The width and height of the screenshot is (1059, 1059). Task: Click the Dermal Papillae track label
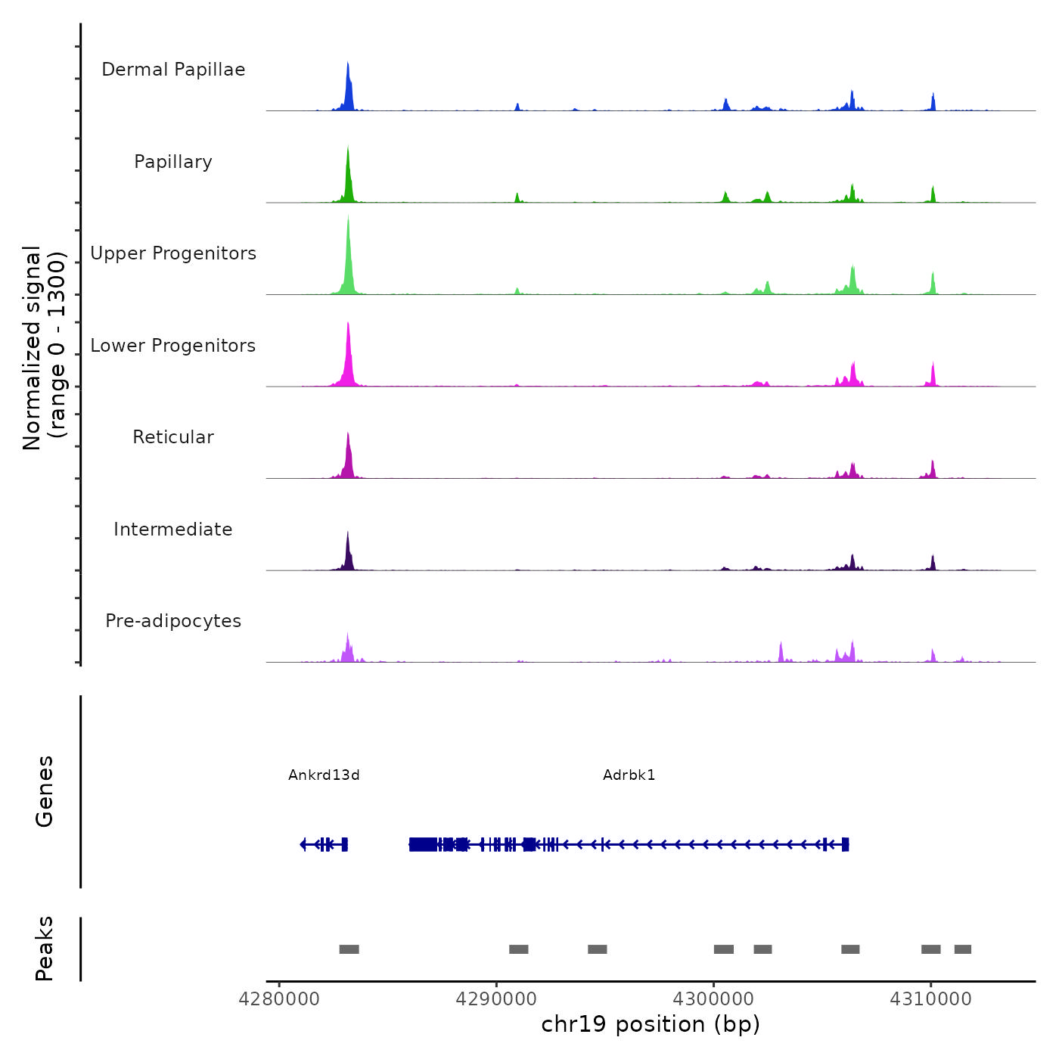pos(173,70)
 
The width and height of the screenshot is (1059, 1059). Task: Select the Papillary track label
pos(173,162)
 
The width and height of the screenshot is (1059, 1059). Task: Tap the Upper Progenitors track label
pos(173,253)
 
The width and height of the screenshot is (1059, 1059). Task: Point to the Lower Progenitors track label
pos(173,346)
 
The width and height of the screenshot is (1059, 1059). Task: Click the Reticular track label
pos(173,437)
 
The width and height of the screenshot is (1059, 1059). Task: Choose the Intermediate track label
pos(173,529)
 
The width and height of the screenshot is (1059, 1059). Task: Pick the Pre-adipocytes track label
pos(173,621)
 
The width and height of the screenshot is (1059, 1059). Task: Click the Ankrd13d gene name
pos(324,775)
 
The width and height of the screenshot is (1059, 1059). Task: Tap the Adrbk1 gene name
pos(629,775)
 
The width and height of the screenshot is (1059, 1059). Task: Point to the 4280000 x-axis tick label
pos(279,999)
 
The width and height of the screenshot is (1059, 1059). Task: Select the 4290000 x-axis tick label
pos(496,999)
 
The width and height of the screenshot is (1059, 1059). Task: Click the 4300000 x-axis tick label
pos(713,999)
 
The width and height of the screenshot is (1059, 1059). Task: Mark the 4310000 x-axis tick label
pos(930,999)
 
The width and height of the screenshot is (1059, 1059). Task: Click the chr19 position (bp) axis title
pos(651,1024)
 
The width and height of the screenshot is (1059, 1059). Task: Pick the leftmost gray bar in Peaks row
pos(349,949)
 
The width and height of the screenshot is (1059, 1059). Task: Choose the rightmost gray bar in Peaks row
pos(962,949)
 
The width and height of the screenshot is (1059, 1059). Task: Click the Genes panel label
pos(45,791)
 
